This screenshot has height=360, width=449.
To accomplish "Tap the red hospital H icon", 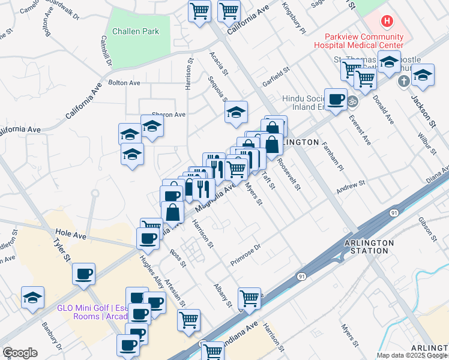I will (x=387, y=22).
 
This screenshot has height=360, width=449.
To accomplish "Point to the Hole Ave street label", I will (x=67, y=231).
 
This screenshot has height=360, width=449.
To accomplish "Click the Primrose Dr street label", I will (x=246, y=255).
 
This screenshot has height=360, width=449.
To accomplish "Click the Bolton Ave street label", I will (x=124, y=83).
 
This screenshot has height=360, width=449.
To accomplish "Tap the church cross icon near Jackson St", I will (x=405, y=80).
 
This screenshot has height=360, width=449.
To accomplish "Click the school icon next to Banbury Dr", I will (x=32, y=296).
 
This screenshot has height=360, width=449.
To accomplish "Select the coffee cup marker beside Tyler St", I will (x=83, y=274).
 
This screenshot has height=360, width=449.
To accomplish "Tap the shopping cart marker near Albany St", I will (x=249, y=297).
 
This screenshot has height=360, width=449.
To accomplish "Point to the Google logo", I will (x=20, y=353).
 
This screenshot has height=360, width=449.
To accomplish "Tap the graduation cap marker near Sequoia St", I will (x=237, y=112).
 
